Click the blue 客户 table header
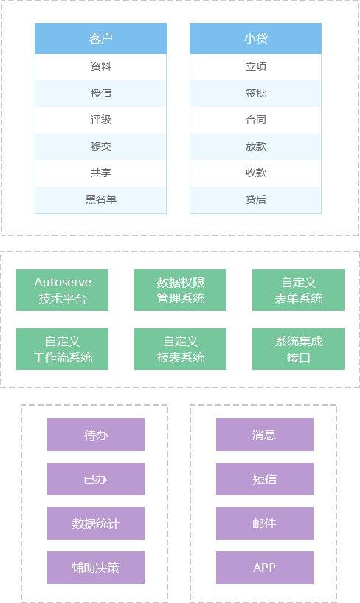tap(100, 38)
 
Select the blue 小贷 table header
tap(255, 38)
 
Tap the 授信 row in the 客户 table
tap(100, 94)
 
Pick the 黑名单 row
tap(100, 199)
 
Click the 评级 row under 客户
tap(100, 120)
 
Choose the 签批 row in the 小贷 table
tap(255, 94)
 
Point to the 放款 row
tap(255, 147)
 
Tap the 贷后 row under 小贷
tap(255, 199)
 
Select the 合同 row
tap(255, 120)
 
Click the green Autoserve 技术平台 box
tap(62, 290)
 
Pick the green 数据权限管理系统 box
tap(180, 290)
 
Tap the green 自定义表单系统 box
tap(298, 290)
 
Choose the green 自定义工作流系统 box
tap(62, 349)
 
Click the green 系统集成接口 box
tap(298, 349)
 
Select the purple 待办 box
tap(96, 435)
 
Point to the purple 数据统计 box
tap(96, 523)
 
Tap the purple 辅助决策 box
tap(96, 568)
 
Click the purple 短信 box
tap(265, 479)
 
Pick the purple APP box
tap(265, 568)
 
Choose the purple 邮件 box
tap(265, 523)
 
